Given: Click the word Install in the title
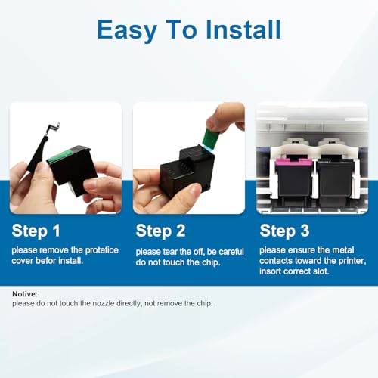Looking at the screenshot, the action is [243, 29].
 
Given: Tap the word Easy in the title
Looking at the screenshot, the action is [127, 31].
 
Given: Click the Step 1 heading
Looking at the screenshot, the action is [36, 231].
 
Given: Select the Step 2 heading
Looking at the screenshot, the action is [160, 231].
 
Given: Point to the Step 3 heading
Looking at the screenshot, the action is [284, 231].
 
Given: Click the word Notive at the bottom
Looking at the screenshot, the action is [25, 294].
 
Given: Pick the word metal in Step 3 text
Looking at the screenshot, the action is [343, 250].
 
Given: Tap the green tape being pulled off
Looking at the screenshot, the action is [211, 138].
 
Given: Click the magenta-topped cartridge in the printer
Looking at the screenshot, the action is [294, 178].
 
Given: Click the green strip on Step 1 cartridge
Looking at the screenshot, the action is [60, 156].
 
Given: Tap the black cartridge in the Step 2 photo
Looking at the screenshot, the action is [187, 169].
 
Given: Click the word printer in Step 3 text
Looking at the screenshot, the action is [352, 261].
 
